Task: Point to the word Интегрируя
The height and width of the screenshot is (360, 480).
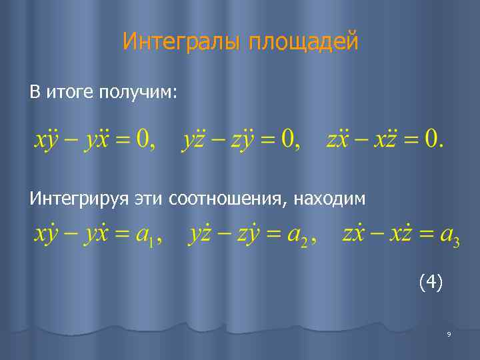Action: pos(79,198)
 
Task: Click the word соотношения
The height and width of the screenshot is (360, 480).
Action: pos(225,198)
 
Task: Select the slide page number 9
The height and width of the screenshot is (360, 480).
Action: pos(449,335)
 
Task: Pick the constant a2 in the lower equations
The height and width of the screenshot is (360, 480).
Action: pos(299,236)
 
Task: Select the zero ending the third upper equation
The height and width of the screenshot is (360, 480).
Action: pos(434,139)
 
